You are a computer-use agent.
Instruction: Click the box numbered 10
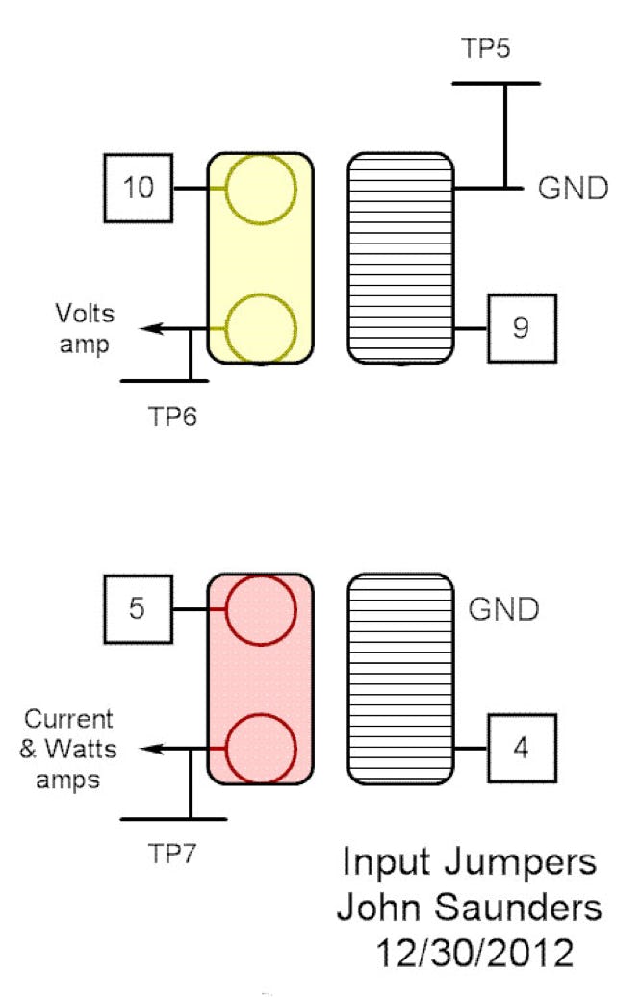coord(140,188)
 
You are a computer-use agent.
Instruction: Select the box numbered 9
coord(521,328)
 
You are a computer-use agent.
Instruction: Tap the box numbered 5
coord(140,609)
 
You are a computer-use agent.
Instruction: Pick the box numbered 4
coord(521,749)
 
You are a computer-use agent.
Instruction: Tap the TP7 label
coord(174,853)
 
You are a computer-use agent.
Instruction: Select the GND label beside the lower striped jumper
coord(504,609)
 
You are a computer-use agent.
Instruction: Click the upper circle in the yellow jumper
coord(261,189)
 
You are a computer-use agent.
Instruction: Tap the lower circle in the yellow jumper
coord(261,328)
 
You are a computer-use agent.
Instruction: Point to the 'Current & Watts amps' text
coord(68,749)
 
